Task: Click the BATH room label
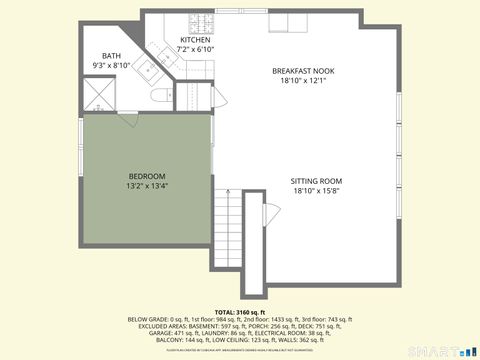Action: [112, 57]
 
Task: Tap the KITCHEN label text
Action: [195, 40]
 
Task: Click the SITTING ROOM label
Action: [316, 181]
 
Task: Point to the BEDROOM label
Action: [146, 176]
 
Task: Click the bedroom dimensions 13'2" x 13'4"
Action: [146, 186]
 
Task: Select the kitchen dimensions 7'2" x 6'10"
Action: [195, 49]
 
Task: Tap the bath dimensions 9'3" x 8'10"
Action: [112, 66]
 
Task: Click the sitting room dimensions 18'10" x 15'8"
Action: [316, 191]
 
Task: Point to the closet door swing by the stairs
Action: [269, 215]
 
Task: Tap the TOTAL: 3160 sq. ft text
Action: [239, 312]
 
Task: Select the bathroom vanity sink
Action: [142, 69]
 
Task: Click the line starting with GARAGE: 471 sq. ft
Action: [239, 332]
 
